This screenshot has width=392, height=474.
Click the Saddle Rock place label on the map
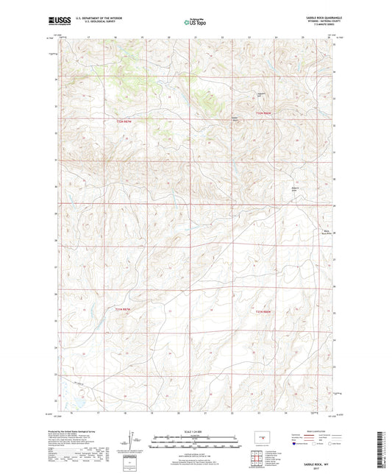click(235, 118)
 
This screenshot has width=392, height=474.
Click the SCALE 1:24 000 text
click(196, 431)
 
